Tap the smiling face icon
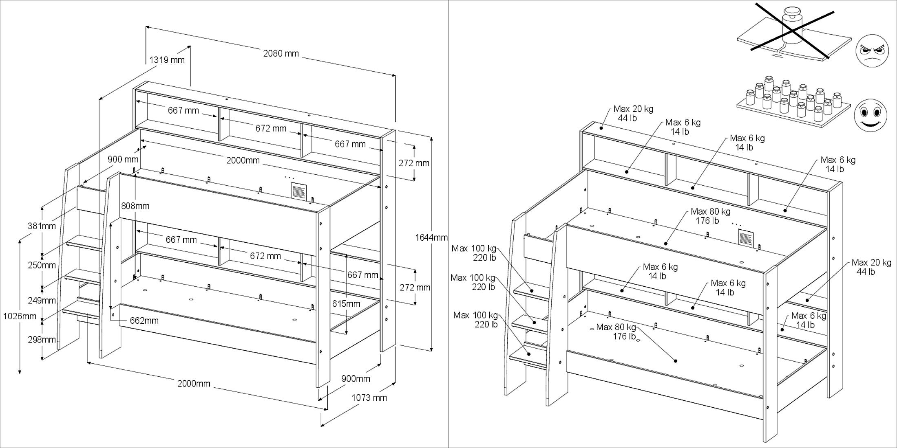(x=870, y=115)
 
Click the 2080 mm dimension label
(x=281, y=53)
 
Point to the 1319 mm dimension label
(x=167, y=60)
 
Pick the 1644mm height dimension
(x=431, y=237)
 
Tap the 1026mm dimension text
(x=20, y=316)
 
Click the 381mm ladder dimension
(x=42, y=226)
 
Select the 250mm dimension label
(x=42, y=265)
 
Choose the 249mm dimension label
(x=42, y=301)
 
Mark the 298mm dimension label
(x=42, y=339)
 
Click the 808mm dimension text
(x=135, y=206)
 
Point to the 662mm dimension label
(x=144, y=321)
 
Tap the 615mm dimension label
(x=346, y=304)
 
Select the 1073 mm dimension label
(x=369, y=397)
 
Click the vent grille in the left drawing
(x=299, y=191)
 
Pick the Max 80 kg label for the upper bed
(x=710, y=216)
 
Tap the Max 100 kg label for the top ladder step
(x=474, y=253)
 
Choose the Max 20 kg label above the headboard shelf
(x=633, y=113)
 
